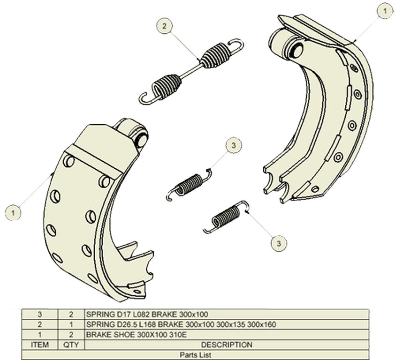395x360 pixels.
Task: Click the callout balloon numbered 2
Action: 165,26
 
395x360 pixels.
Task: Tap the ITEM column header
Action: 39,345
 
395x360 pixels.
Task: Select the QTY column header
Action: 71,345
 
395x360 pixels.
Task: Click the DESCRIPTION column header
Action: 227,345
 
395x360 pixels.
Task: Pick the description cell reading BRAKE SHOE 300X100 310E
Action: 137,335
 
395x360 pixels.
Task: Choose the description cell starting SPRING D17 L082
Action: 147,314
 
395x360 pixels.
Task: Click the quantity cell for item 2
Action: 71,324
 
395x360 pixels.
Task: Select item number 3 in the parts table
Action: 39,314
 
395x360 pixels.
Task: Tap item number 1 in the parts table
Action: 39,335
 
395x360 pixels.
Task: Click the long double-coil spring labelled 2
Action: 191,71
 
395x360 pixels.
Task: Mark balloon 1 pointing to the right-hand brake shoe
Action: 385,11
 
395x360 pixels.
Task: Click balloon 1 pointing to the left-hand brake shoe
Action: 13,213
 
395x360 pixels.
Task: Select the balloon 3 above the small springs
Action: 234,145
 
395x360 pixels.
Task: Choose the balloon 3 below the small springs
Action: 279,243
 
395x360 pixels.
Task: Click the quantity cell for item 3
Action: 71,314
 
